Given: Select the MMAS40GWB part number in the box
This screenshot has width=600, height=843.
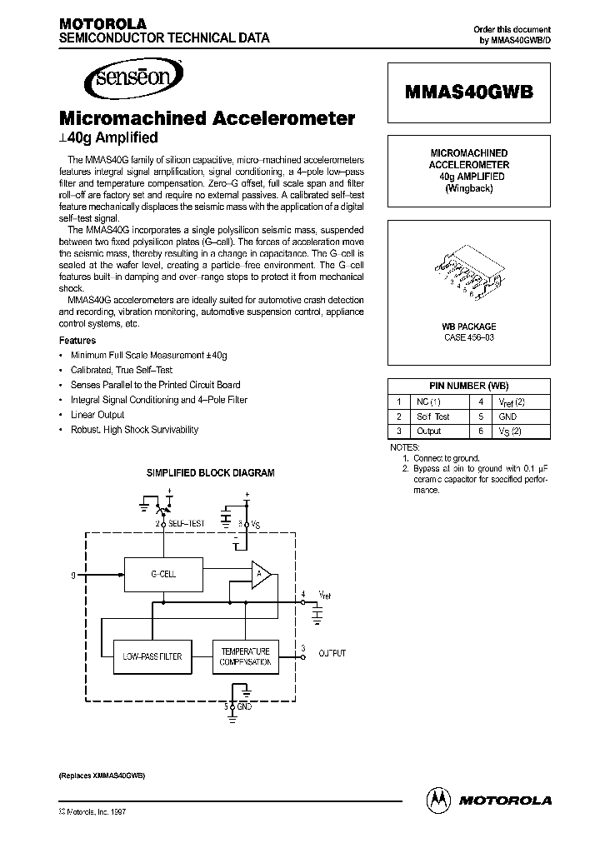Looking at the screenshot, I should (467, 92).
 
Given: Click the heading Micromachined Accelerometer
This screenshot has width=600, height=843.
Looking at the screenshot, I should (207, 119).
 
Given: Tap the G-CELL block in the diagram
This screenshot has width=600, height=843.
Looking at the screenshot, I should (162, 574).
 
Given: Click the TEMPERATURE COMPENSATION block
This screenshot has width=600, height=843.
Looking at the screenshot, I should (245, 656).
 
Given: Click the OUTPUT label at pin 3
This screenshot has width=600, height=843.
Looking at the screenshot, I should (332, 654).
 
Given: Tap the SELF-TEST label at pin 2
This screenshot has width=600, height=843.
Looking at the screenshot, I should (187, 523).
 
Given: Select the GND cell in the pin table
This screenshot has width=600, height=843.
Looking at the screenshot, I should (508, 416).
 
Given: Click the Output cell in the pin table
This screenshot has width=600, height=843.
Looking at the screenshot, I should (429, 431).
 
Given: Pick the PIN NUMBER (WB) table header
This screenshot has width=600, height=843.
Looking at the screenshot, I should (467, 386).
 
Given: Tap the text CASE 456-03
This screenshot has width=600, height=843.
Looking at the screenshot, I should (467, 338).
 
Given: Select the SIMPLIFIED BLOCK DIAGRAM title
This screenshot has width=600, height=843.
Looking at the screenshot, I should (210, 472).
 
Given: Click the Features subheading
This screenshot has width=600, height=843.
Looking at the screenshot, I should (77, 341).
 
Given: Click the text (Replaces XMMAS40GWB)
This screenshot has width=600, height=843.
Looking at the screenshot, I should (102, 775).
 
